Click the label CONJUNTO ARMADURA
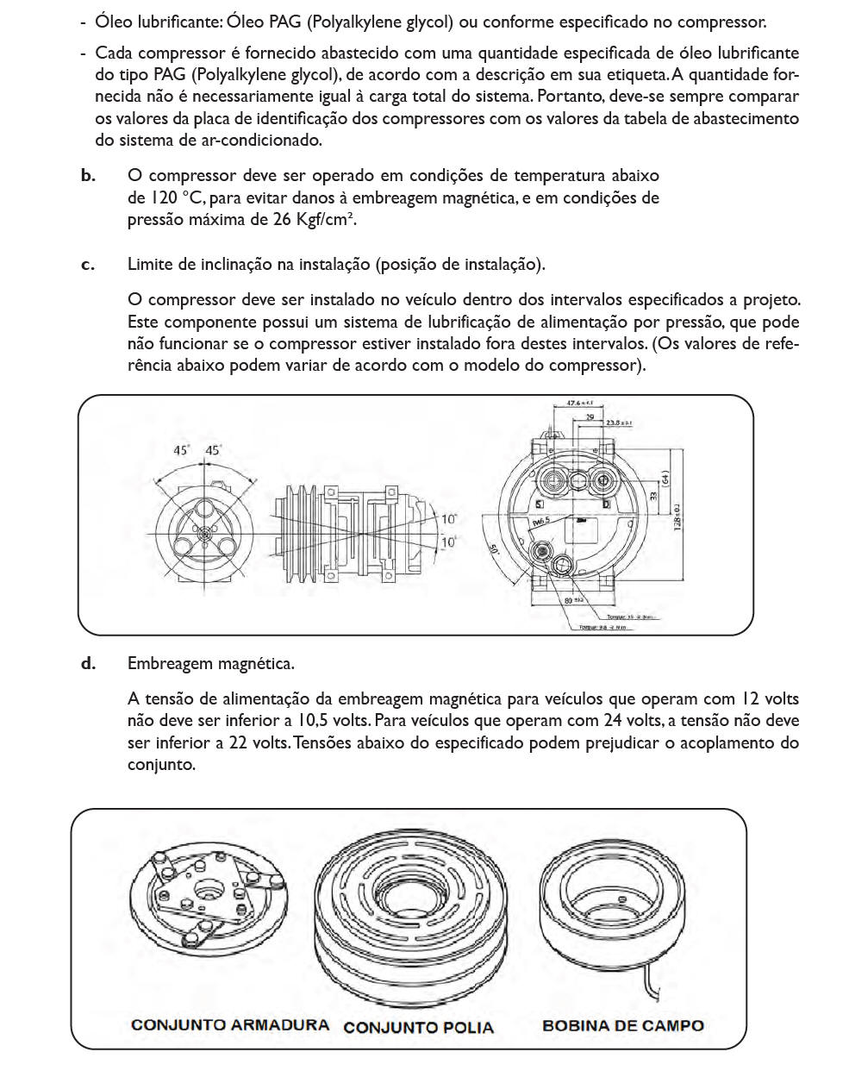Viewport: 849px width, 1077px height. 229,1025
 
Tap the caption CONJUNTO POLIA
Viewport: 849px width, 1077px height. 418,1027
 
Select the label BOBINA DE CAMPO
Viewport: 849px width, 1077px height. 622,1025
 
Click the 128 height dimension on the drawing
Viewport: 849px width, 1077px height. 678,517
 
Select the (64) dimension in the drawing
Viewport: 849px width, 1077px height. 665,479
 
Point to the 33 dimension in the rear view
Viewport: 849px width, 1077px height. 653,496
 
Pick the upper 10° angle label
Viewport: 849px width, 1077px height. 449,519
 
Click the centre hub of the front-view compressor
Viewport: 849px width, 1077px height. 204,534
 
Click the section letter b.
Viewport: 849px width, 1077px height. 88,176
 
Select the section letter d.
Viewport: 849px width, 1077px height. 88,664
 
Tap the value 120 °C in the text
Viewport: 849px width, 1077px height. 165,198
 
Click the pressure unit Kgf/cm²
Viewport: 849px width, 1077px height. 326,219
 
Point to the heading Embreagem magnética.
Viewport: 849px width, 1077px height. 210,664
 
